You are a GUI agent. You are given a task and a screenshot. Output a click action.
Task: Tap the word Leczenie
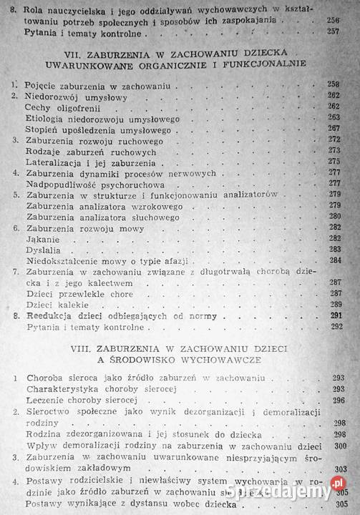(44, 400)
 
